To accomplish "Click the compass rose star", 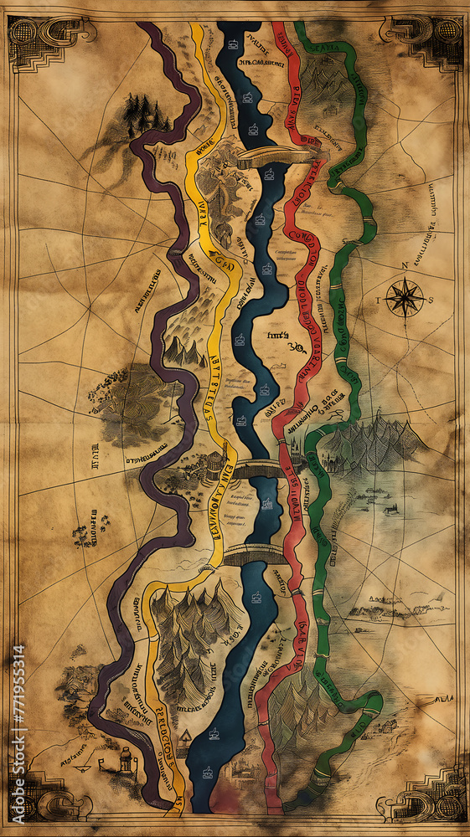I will tap(404, 297).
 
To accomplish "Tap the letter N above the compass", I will tap(404, 266).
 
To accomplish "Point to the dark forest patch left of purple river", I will tap(130, 393).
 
